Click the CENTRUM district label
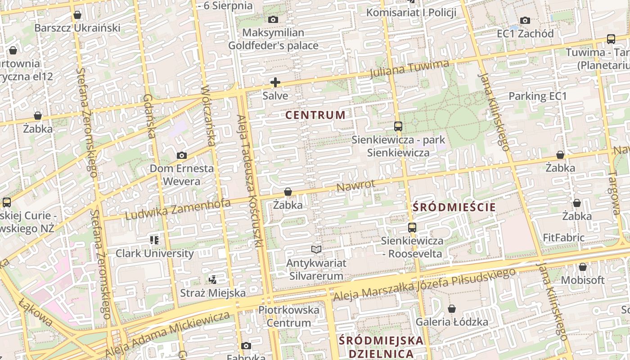315,115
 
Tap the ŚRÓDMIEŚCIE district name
454,207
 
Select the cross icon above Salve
275,82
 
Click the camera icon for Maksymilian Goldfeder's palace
273,19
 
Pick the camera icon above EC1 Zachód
525,20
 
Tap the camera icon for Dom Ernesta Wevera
181,156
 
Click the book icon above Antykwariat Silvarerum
316,249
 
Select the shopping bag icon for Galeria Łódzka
451,309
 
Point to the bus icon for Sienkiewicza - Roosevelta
412,228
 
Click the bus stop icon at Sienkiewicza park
398,126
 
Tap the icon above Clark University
154,240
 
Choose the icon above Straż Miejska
212,280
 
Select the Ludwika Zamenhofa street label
178,210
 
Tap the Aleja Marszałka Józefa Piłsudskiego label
424,285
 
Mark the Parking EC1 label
537,96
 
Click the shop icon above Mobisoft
582,267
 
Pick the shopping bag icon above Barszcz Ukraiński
77,15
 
